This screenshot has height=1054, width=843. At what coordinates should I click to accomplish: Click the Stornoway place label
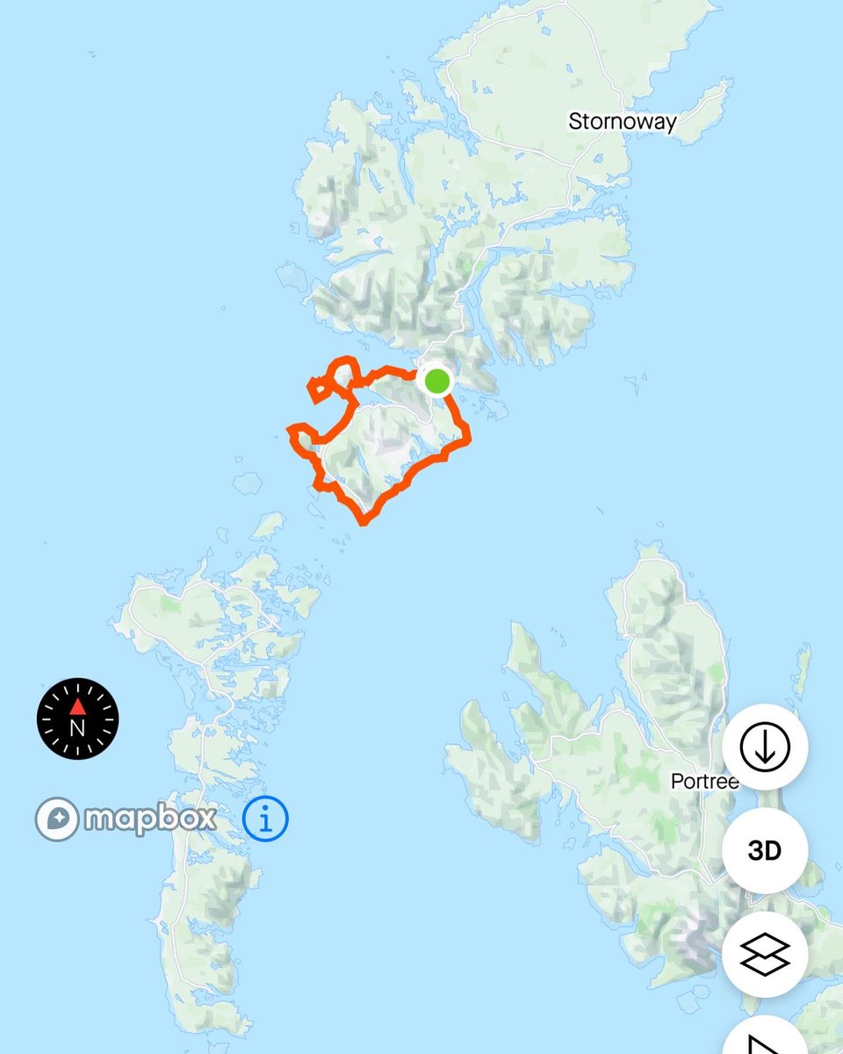623,120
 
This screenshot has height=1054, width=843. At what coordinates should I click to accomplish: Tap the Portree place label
704,781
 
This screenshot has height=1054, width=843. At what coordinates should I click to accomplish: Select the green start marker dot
436,381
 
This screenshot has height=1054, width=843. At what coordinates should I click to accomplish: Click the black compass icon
77,718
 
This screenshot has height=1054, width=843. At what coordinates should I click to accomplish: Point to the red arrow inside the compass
77,706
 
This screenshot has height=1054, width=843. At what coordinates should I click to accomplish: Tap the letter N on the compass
77,727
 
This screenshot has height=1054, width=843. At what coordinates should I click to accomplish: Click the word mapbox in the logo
150,819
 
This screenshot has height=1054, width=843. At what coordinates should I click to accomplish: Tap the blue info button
265,819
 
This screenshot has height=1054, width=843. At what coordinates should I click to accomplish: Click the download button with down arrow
765,747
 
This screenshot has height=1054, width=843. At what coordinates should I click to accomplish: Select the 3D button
765,850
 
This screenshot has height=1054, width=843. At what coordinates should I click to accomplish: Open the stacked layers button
765,954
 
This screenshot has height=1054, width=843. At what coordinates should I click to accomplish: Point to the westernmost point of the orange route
291,430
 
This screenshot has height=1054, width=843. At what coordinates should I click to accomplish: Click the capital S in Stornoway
576,120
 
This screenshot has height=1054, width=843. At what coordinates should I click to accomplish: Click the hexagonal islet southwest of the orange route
249,481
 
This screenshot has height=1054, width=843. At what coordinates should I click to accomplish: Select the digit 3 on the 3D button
755,850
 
